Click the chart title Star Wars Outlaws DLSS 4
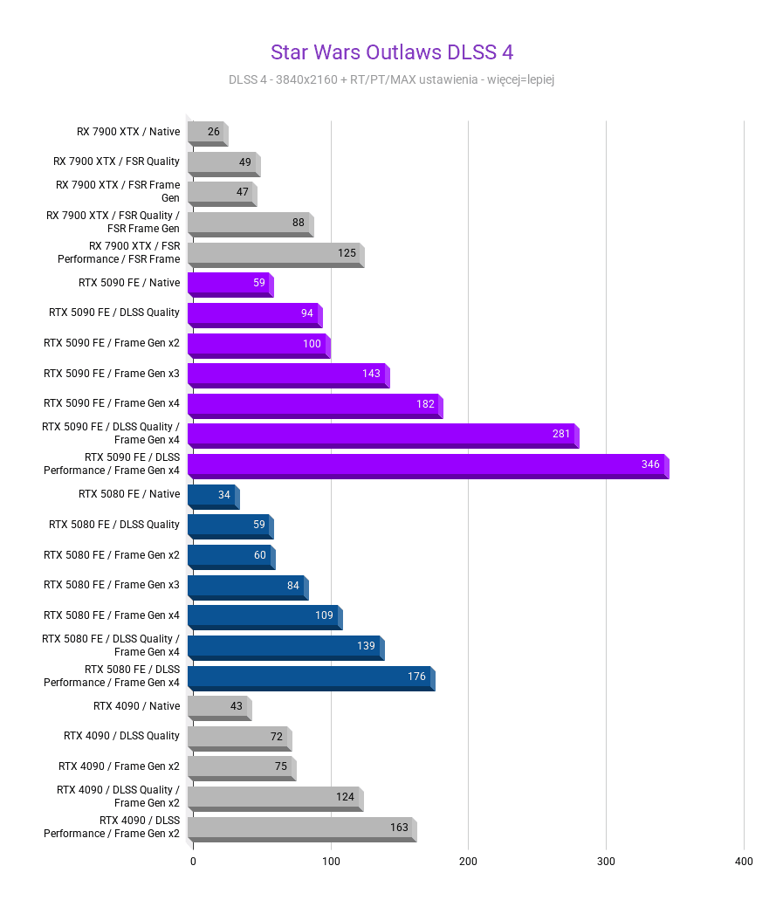pyautogui.click(x=391, y=52)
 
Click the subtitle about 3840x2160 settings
pyautogui.click(x=391, y=79)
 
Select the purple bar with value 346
pyautogui.click(x=428, y=465)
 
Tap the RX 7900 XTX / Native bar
pyautogui.click(x=207, y=133)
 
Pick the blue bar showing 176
pyautogui.click(x=310, y=677)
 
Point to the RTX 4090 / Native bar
pyautogui.click(x=218, y=707)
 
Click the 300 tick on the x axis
pyautogui.click(x=606, y=862)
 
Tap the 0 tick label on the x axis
pyautogui.click(x=193, y=862)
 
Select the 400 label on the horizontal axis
pyautogui.click(x=744, y=862)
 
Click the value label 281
pyautogui.click(x=560, y=434)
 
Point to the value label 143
pyautogui.click(x=371, y=374)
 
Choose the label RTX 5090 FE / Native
pyautogui.click(x=129, y=283)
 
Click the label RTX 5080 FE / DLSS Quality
pyautogui.click(x=114, y=525)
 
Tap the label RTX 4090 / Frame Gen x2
pyautogui.click(x=119, y=766)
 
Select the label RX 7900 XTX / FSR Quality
pyautogui.click(x=116, y=161)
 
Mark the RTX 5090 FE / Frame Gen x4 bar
pyautogui.click(x=314, y=405)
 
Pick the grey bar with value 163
pyautogui.click(x=301, y=828)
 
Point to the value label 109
pyautogui.click(x=324, y=615)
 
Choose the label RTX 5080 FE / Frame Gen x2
pyautogui.click(x=112, y=555)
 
